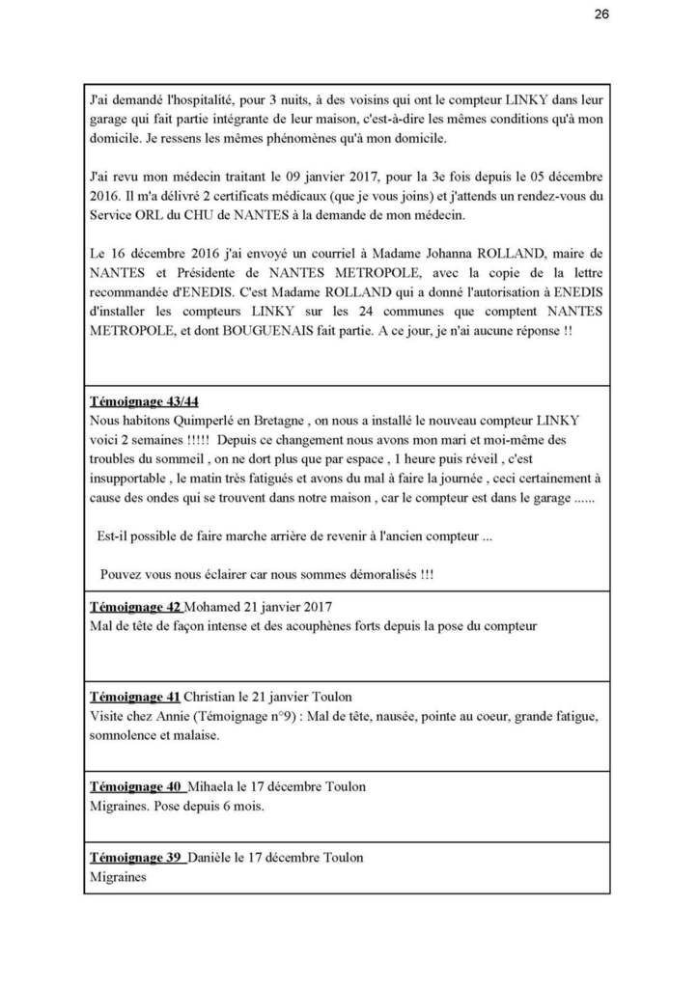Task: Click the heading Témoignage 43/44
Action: click(x=144, y=399)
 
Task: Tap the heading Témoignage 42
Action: click(x=135, y=609)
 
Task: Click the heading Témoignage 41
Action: click(x=135, y=697)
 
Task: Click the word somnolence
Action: click(x=124, y=734)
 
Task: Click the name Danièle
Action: click(x=215, y=858)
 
